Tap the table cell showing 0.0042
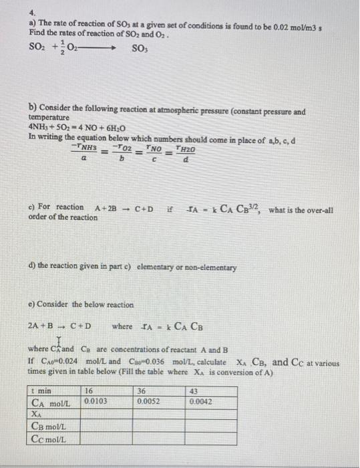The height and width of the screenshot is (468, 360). point(202,402)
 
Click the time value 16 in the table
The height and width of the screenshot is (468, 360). point(89,392)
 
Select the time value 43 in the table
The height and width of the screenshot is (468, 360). point(194,392)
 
